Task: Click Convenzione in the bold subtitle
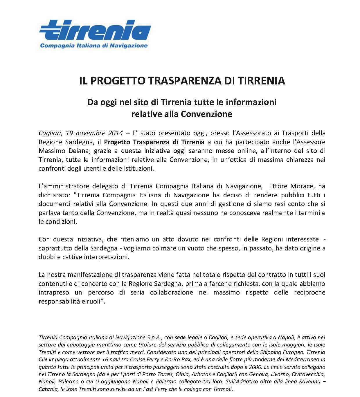click(206, 114)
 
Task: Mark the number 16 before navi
click(86, 360)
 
